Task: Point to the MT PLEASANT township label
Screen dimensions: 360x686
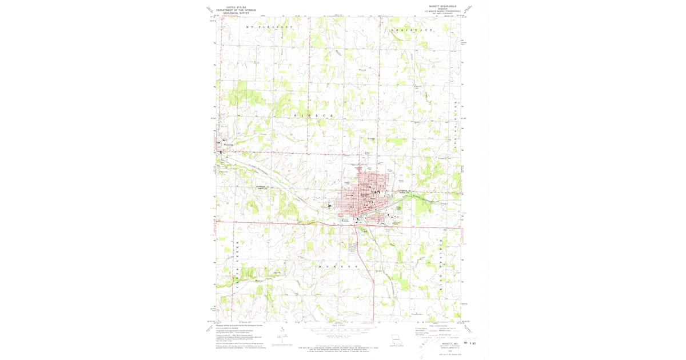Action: [269, 27]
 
